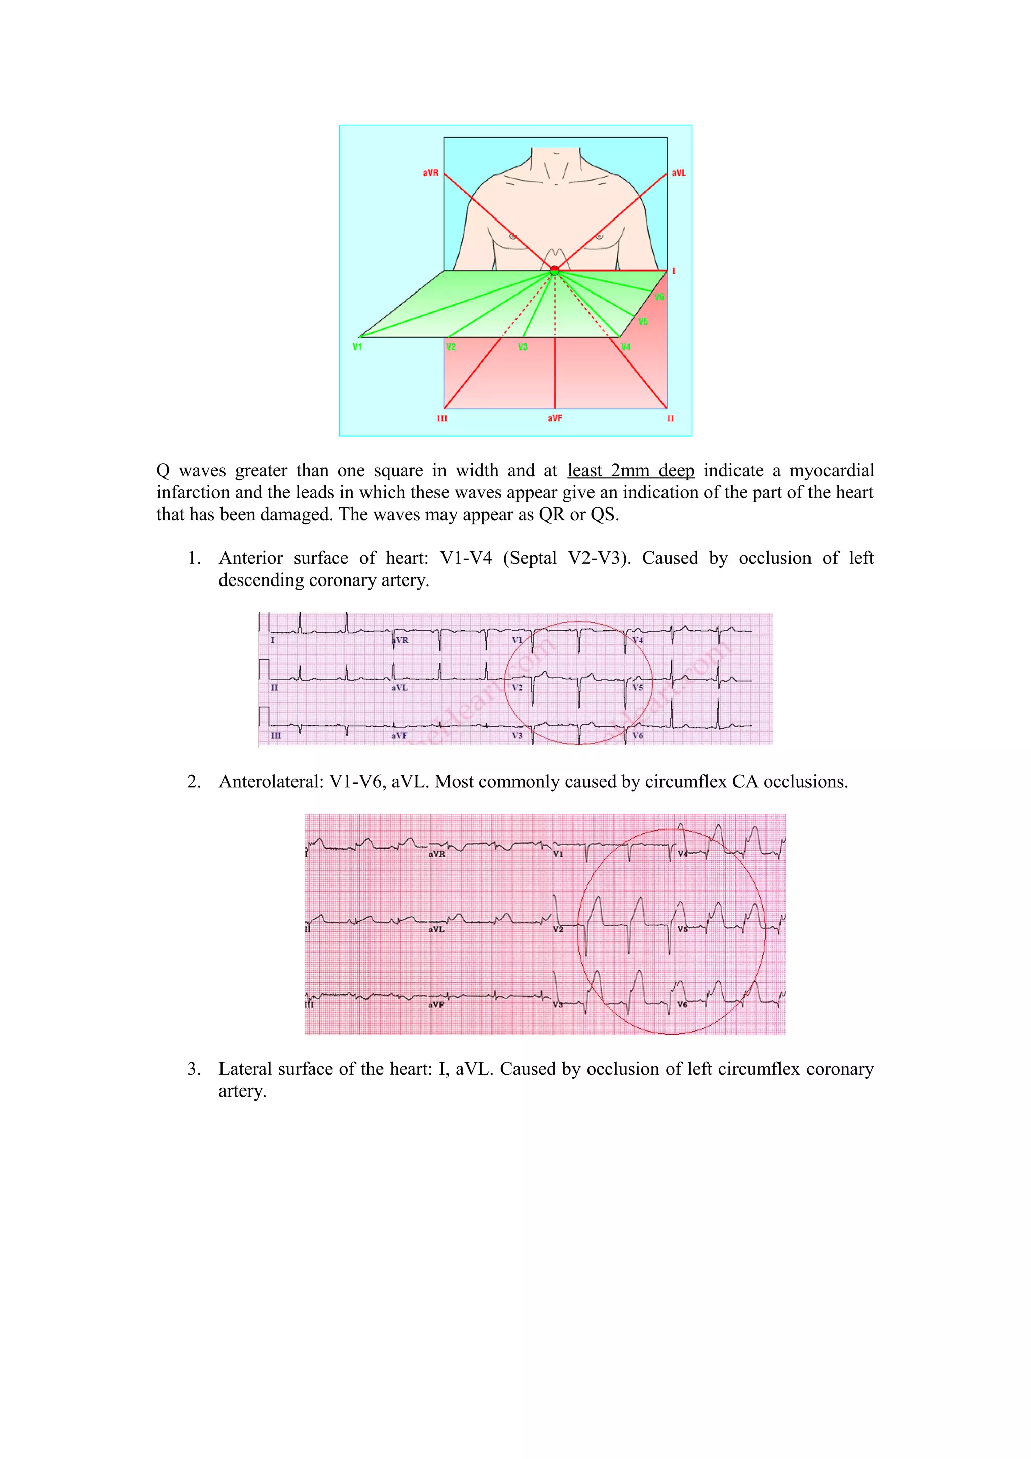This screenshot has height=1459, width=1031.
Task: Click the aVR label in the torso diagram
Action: pos(431,173)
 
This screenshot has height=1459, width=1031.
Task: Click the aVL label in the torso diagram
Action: pos(679,173)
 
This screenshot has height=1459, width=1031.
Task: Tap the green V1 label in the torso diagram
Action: pos(357,347)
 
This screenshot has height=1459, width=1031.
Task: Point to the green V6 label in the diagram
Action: pos(659,297)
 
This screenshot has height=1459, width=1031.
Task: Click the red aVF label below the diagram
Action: pos(555,418)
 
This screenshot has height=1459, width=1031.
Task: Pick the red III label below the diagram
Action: pos(442,418)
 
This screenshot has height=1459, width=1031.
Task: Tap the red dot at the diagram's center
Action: pos(555,271)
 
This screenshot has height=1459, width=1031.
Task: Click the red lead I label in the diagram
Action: pos(674,271)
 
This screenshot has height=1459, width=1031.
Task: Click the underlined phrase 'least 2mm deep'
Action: pos(630,470)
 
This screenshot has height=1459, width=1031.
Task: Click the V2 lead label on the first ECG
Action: pos(517,688)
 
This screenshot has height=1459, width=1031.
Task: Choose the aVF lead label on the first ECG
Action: pos(399,735)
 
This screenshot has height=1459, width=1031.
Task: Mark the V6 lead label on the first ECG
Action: pos(638,735)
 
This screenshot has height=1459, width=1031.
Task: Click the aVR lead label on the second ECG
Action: pos(436,854)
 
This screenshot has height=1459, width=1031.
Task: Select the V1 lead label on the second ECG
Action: pos(558,854)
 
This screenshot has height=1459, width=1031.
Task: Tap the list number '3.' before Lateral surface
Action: pos(194,1069)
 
